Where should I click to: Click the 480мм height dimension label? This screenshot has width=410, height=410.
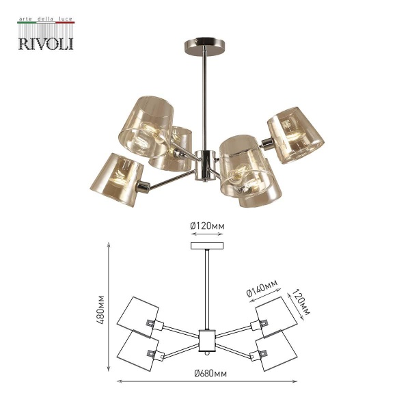coord(102,310)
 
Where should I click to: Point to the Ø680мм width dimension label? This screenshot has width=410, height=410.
coord(209,372)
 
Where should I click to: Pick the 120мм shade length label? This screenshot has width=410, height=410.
coord(300,303)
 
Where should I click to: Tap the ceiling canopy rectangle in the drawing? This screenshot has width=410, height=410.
coord(206,246)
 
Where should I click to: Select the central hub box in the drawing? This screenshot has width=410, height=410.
coord(206,340)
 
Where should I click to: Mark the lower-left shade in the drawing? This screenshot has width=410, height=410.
coord(139,351)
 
